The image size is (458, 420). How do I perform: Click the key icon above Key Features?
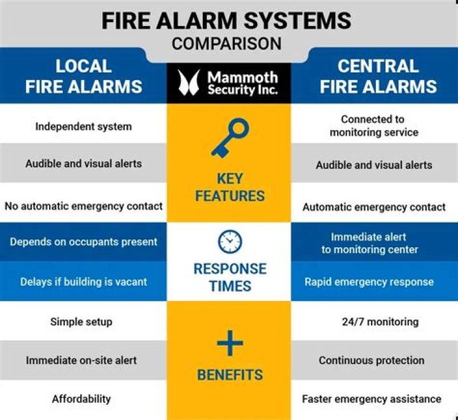[228, 137]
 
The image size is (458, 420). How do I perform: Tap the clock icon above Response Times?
[229, 241]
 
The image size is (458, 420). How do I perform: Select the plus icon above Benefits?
[229, 344]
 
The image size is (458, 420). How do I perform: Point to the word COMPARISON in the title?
[226, 44]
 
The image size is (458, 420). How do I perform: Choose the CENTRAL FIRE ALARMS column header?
[378, 76]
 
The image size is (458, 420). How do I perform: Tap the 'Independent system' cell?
[83, 126]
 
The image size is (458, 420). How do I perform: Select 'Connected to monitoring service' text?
[373, 126]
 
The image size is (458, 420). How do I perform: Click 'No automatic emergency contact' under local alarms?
[83, 206]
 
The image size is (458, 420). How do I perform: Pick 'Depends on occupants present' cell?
[83, 242]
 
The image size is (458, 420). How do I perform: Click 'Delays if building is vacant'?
[83, 281]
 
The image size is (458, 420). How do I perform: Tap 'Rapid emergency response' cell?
[369, 281]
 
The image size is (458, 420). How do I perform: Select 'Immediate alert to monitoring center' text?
[370, 243]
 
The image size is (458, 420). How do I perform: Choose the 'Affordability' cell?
[81, 399]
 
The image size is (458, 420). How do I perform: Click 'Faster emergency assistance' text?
[371, 399]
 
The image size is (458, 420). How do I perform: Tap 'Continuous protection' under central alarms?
[371, 360]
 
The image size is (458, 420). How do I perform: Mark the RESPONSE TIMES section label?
[229, 277]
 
